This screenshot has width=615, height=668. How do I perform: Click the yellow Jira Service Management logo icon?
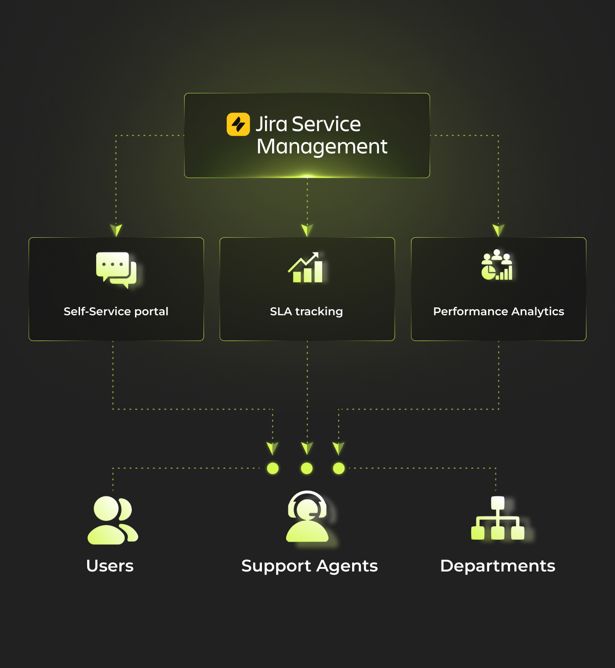point(238,124)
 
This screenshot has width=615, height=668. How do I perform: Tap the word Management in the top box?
point(322,147)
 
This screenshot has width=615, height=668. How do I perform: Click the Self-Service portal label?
point(116,311)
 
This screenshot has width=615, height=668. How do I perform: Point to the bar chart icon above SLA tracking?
point(306,268)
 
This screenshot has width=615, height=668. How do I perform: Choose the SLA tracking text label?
point(306,311)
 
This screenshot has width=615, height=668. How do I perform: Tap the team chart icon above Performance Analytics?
point(497,265)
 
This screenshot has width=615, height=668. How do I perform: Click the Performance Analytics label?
point(498,311)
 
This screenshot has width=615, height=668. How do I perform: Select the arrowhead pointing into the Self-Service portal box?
point(116,230)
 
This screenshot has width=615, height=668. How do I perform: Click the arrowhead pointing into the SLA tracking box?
point(307,230)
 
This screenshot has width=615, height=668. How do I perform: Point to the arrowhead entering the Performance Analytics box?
point(498,230)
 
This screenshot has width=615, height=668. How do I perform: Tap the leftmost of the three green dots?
point(273,468)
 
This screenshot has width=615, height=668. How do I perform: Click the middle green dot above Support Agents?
point(307,468)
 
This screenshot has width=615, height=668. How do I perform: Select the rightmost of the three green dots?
point(339,468)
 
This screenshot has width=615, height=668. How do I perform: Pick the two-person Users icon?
point(113,520)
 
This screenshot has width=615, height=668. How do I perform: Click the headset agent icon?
point(307,517)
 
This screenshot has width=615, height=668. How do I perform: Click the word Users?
point(110,566)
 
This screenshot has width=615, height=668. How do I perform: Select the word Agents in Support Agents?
point(347,566)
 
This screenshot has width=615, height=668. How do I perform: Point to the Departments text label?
point(497,566)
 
